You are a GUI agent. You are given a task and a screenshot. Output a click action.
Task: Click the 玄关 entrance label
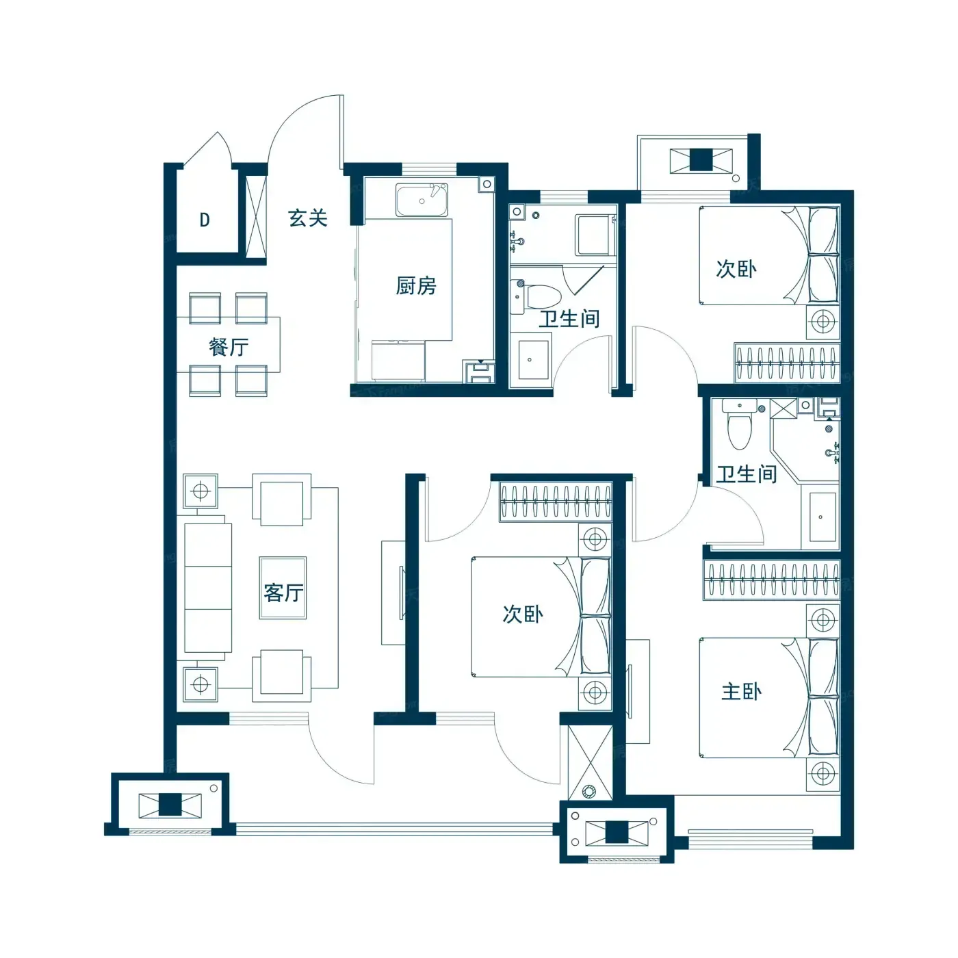[308, 218]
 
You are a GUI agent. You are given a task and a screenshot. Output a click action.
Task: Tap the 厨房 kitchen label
[416, 285]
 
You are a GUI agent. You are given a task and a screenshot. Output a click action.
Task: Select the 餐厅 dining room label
[229, 347]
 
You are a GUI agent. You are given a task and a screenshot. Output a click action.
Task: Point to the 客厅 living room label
[283, 593]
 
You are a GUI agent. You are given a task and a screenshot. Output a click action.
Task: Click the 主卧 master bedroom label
[741, 692]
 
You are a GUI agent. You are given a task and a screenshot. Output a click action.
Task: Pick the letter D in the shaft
[205, 220]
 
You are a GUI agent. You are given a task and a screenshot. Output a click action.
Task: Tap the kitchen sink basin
[422, 200]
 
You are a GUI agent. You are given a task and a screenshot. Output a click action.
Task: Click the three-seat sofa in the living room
[208, 588]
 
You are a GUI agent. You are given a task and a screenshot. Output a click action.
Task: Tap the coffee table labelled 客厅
[283, 588]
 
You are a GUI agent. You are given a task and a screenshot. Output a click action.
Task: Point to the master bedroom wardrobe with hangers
[772, 579]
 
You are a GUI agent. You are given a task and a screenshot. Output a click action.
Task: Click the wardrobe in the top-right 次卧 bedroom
[788, 363]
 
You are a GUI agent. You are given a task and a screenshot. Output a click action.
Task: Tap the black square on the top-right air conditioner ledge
[701, 160]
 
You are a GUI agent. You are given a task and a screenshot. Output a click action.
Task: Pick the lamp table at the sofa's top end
[200, 491]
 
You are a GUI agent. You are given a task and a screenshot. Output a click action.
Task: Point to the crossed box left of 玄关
[257, 217]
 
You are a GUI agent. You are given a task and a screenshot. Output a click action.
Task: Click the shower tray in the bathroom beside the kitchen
[594, 235]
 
